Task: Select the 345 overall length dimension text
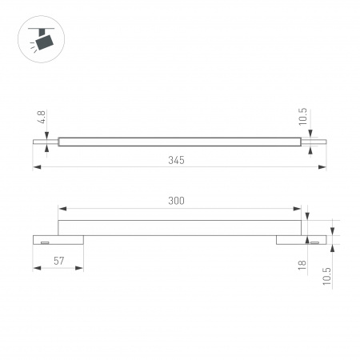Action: tap(177, 160)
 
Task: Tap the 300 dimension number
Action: tap(177, 201)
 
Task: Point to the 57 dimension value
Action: tap(58, 261)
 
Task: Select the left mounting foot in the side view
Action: tap(58, 239)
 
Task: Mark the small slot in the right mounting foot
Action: tap(314, 240)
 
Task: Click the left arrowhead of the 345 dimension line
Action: tap(36, 168)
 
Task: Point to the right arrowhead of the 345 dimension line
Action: tap(323, 168)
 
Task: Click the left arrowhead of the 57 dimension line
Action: tap(36, 269)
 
